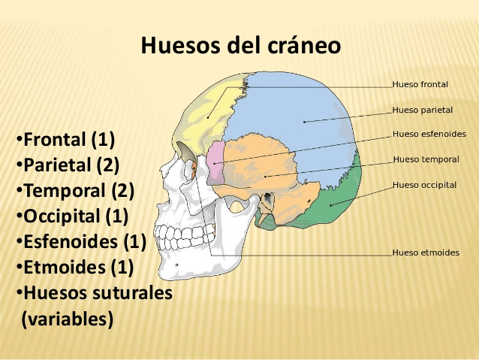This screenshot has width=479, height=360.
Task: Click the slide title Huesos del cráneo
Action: [240, 46]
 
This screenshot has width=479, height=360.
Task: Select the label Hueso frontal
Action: [420, 85]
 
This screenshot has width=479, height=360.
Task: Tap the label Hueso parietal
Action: [422, 110]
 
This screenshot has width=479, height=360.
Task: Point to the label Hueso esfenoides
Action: [429, 135]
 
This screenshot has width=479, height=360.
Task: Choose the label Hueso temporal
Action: [426, 159]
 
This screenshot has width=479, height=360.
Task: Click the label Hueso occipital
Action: [424, 185]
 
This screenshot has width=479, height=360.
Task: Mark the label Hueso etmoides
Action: [426, 253]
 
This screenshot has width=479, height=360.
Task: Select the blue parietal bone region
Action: [300, 113]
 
